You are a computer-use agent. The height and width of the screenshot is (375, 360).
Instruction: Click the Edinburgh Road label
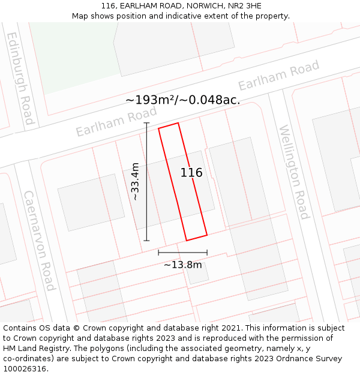pos(20,78)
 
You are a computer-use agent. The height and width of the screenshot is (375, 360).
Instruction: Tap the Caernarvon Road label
pos(39,240)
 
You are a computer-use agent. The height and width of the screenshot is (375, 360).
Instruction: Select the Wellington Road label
pos(293,172)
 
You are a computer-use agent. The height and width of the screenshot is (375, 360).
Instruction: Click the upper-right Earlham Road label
pos(279,76)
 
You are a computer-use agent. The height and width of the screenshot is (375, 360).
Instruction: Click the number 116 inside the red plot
pos(191,173)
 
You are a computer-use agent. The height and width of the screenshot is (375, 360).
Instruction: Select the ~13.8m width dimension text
pos(182,264)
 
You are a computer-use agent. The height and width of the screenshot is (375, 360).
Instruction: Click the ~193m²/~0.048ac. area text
pos(183,100)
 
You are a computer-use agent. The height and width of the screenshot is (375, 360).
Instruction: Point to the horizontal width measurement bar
pos(182,253)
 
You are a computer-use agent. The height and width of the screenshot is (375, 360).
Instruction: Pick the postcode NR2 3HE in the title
pos(245,6)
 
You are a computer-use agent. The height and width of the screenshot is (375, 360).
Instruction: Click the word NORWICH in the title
pos(189,6)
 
